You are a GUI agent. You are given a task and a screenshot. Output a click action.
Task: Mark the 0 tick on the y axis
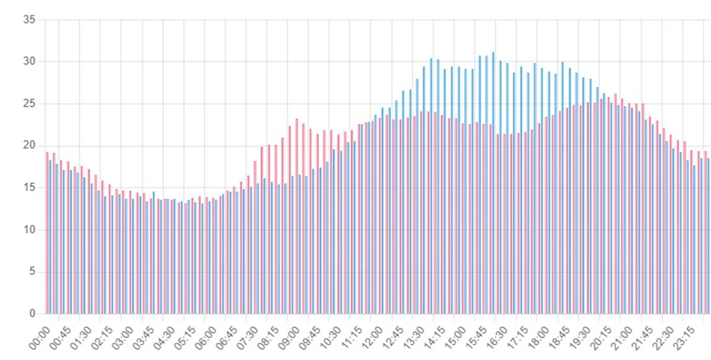click(x=32, y=313)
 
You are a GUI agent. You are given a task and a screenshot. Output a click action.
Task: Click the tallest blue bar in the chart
click(x=493, y=184)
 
